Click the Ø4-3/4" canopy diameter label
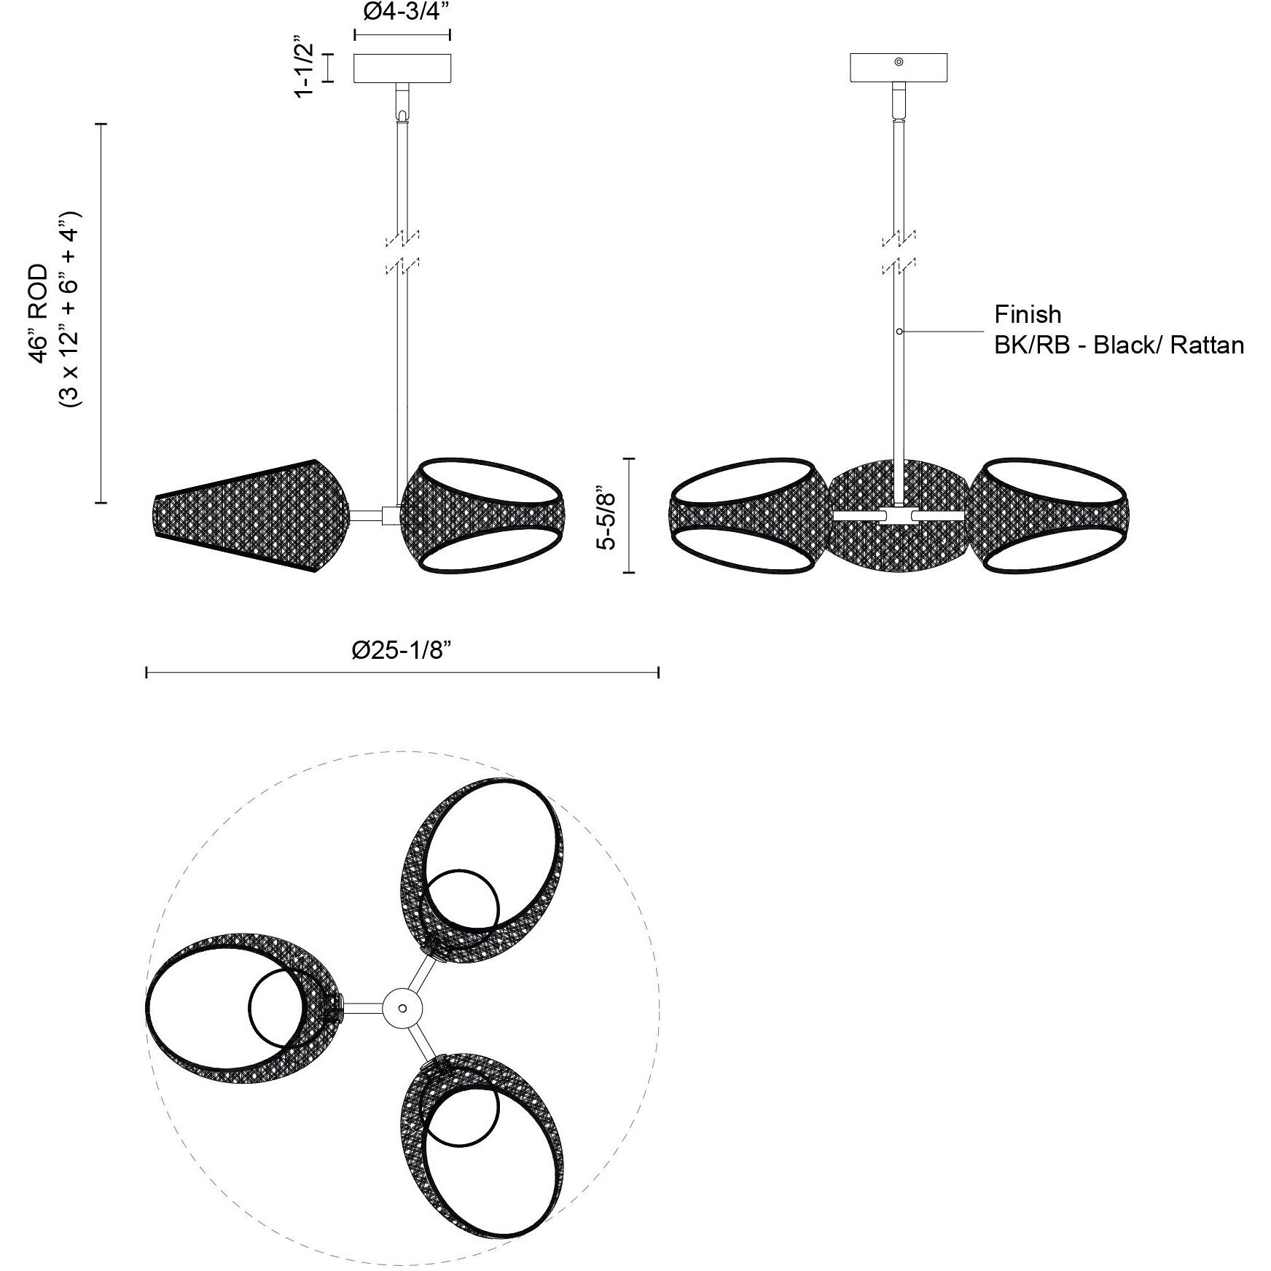tap(402, 12)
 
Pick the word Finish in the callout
tap(1028, 314)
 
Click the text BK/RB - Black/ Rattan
tap(1119, 345)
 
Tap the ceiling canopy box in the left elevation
tap(402, 68)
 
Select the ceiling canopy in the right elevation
tap(899, 67)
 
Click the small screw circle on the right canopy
tap(899, 63)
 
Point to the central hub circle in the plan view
tap(402, 1008)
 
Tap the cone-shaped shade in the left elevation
tap(251, 515)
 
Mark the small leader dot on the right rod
tap(899, 332)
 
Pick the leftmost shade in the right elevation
tap(747, 515)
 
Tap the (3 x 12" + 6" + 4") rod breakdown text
tap(73, 313)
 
